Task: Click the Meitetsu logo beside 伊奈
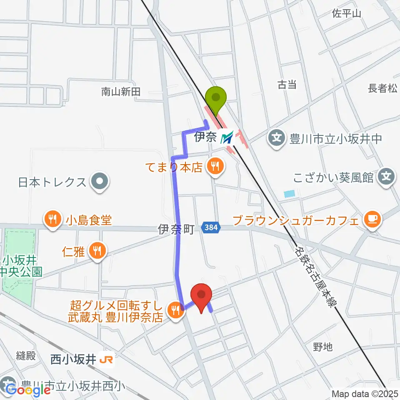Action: (x=227, y=137)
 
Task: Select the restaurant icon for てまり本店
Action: (x=215, y=167)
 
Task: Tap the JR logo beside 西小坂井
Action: (x=106, y=360)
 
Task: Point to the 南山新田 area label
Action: (x=121, y=91)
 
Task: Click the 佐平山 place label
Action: (x=346, y=13)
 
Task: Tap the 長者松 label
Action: (x=383, y=88)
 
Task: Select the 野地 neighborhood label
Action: (x=323, y=346)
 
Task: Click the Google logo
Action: (x=28, y=390)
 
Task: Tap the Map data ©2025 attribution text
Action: (x=365, y=393)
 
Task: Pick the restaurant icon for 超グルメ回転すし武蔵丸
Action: (x=175, y=310)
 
